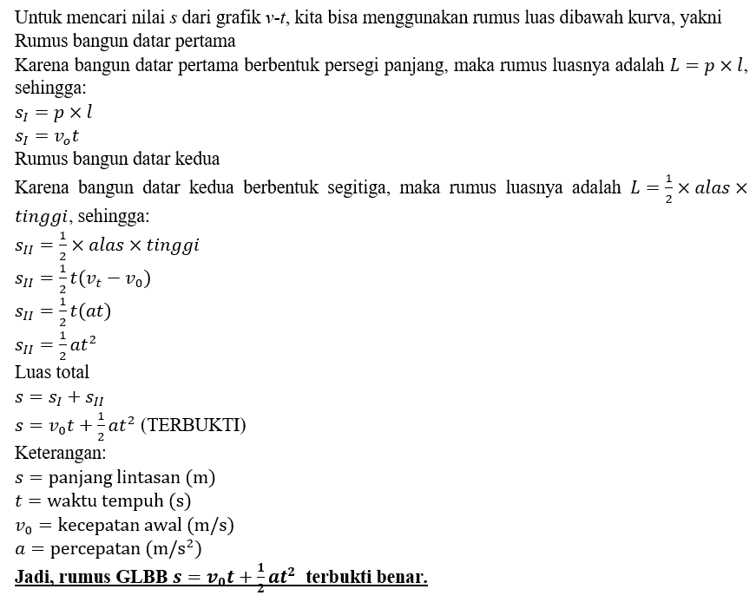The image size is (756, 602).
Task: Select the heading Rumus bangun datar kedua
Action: [x=117, y=159]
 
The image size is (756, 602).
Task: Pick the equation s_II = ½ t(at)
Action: [x=63, y=311]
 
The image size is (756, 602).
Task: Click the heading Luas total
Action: [x=52, y=372]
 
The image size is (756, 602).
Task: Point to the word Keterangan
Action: [x=60, y=452]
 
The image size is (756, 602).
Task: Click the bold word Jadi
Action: [x=35, y=577]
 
